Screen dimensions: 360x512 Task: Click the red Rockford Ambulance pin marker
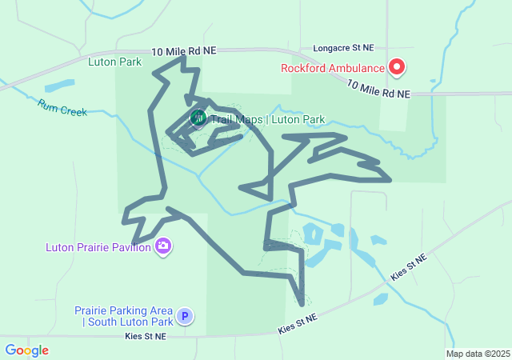(x=396, y=66)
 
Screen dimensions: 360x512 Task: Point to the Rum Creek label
(x=62, y=107)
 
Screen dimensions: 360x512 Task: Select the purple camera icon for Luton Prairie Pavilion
(x=163, y=246)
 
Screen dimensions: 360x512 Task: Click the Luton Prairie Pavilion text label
(x=99, y=247)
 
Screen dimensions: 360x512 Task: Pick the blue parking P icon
(x=185, y=316)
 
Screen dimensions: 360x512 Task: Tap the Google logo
(x=26, y=350)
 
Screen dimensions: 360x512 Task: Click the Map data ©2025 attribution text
(x=478, y=354)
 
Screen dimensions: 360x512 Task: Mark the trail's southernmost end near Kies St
(x=302, y=304)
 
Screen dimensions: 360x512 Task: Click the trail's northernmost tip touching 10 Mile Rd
(x=182, y=58)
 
